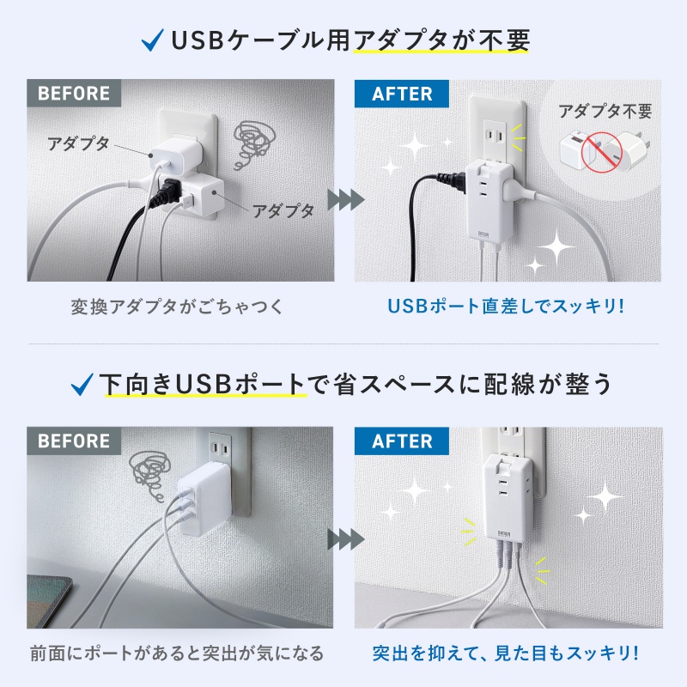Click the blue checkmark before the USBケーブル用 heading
(x=152, y=40)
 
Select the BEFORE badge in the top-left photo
(x=74, y=94)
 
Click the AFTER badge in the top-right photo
(x=402, y=94)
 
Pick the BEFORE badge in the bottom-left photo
(x=74, y=441)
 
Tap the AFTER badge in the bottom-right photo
(x=402, y=441)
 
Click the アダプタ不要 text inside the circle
(x=605, y=112)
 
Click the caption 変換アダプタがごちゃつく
(x=177, y=307)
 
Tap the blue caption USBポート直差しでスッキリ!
(x=506, y=307)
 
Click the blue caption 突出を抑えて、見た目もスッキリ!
(x=506, y=654)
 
